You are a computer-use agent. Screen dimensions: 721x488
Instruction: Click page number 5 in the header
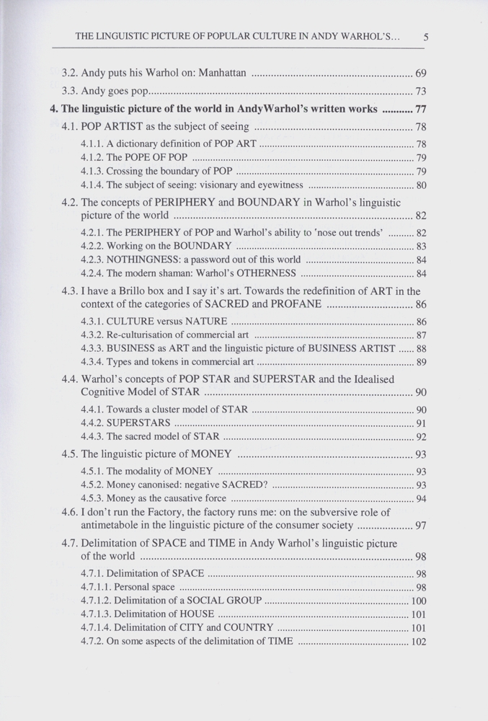(427, 37)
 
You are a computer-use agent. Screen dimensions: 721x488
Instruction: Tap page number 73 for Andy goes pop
(420, 92)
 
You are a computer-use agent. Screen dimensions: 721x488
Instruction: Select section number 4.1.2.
(92, 158)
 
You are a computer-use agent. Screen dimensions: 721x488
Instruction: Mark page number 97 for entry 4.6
(421, 526)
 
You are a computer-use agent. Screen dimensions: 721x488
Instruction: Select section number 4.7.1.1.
(94, 588)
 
